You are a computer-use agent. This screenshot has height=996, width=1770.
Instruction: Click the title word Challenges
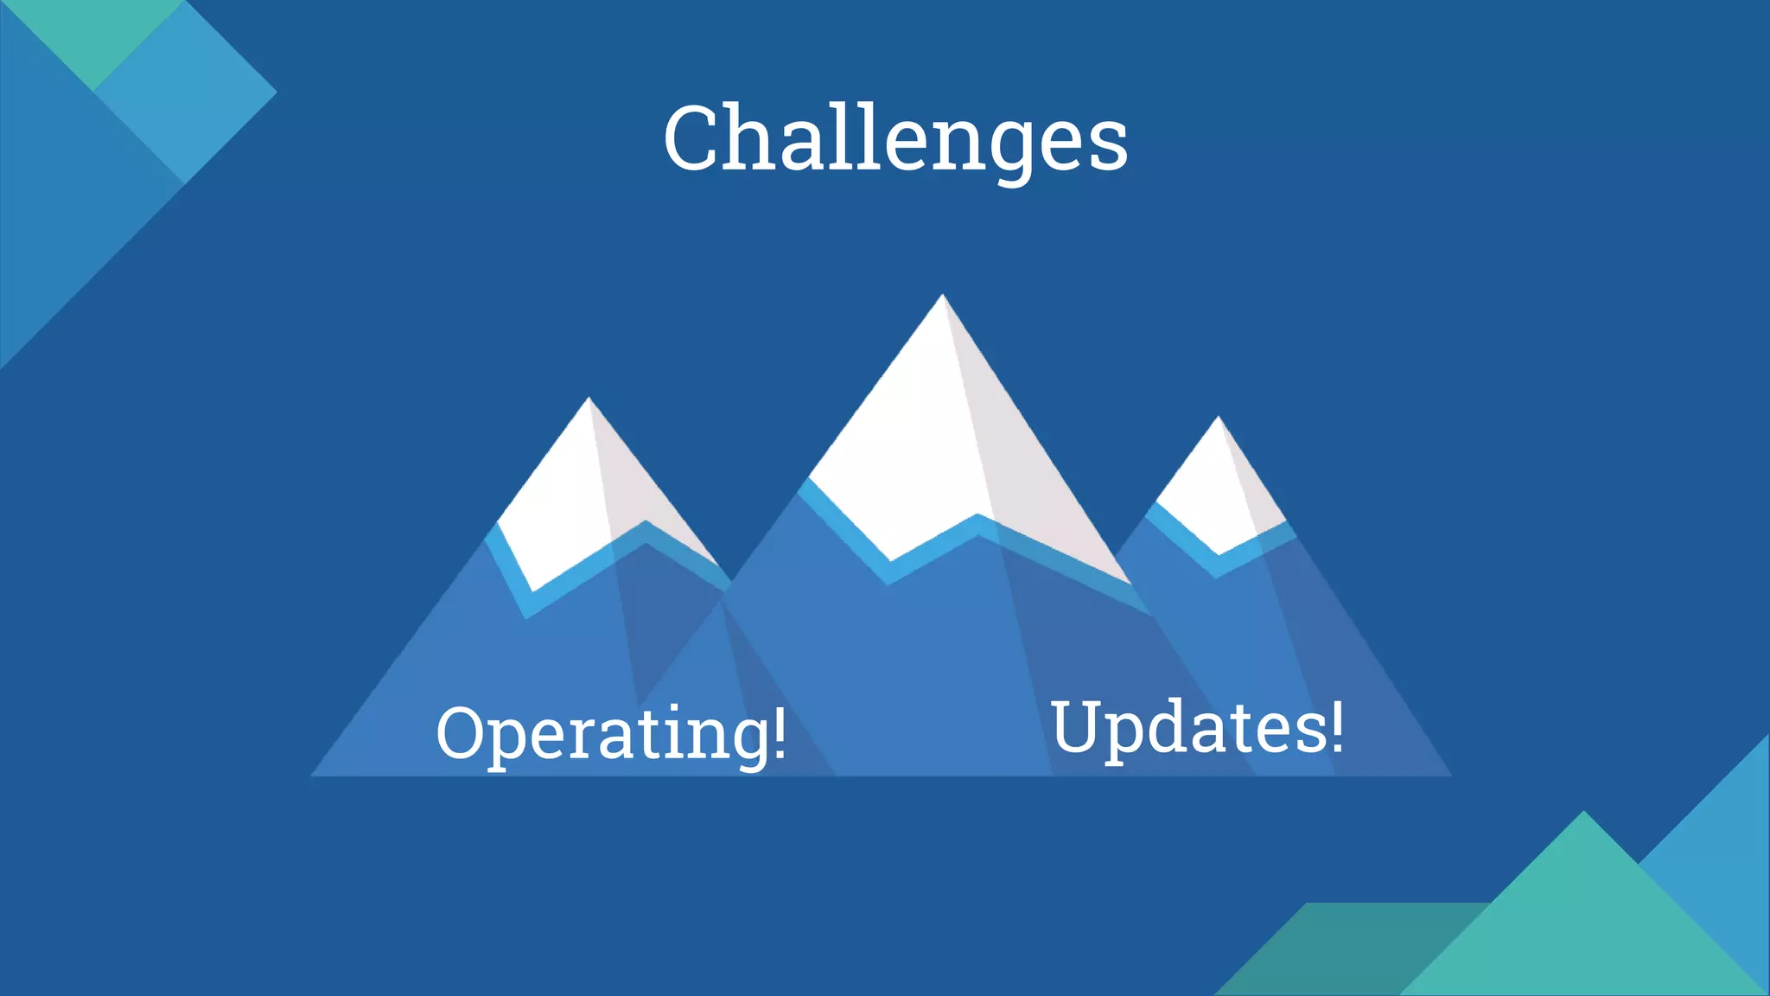tap(895, 138)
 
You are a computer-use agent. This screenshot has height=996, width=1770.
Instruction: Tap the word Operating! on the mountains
tap(611, 733)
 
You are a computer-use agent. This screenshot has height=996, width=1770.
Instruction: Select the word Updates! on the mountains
tap(1197, 728)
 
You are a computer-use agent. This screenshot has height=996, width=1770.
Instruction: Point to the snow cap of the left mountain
tap(579, 501)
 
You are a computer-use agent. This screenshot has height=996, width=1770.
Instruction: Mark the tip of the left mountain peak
tap(589, 399)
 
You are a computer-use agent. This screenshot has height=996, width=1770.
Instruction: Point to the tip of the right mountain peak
tap(1219, 418)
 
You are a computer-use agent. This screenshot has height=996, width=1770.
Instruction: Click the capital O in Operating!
tap(463, 733)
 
